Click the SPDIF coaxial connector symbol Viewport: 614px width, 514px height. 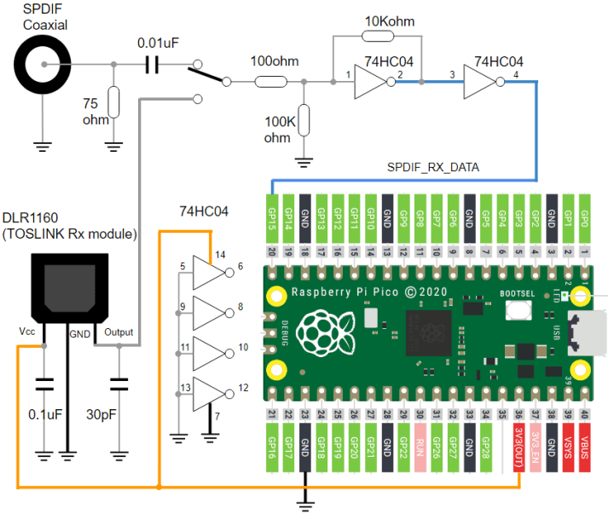click(x=40, y=65)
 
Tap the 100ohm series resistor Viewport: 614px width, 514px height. click(x=270, y=82)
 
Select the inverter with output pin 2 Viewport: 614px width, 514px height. click(x=371, y=82)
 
